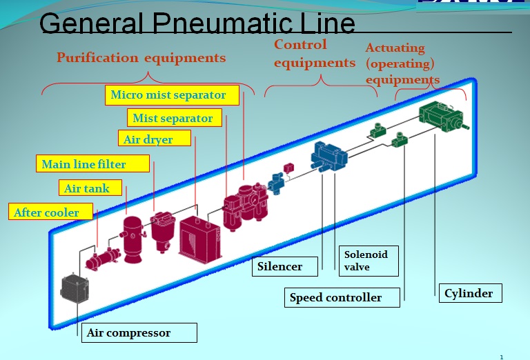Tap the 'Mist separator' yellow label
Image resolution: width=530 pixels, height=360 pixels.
click(173, 118)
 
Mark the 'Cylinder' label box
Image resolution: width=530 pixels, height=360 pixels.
click(469, 293)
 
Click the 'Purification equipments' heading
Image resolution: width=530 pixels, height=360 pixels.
click(141, 57)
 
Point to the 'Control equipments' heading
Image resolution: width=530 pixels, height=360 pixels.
click(314, 54)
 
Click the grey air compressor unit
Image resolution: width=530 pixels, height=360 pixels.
click(75, 288)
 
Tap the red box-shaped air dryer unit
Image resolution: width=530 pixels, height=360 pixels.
click(199, 236)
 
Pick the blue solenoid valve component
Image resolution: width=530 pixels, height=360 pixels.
click(327, 156)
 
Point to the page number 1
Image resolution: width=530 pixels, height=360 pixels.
click(502, 356)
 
